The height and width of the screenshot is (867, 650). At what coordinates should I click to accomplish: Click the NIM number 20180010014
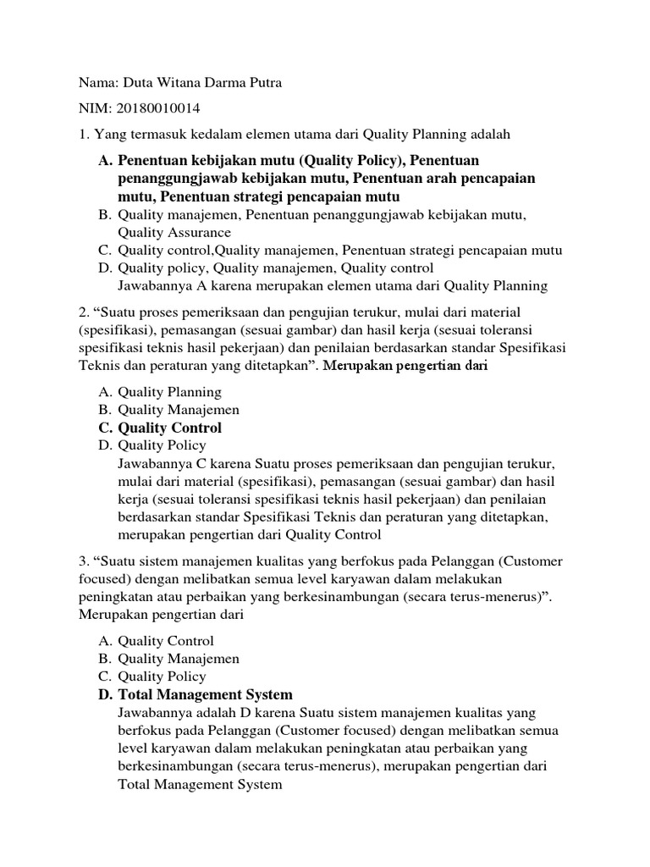pyautogui.click(x=159, y=108)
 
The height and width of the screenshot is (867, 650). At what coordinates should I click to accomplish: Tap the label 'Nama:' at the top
pyautogui.click(x=98, y=83)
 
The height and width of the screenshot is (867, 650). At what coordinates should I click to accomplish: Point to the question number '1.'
pyautogui.click(x=84, y=134)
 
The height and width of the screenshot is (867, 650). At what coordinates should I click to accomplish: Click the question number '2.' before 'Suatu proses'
pyautogui.click(x=84, y=313)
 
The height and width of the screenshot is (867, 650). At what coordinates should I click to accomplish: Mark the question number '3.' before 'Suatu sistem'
pyautogui.click(x=84, y=562)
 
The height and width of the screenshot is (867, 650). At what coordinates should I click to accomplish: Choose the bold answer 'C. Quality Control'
pyautogui.click(x=160, y=428)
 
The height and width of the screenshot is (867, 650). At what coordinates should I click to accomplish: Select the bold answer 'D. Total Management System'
pyautogui.click(x=196, y=695)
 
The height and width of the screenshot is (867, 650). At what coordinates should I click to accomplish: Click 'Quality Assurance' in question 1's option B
pyautogui.click(x=174, y=232)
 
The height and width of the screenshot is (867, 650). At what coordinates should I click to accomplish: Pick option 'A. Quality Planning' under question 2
pyautogui.click(x=160, y=392)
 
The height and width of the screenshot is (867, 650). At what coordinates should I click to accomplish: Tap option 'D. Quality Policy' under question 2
pyautogui.click(x=152, y=445)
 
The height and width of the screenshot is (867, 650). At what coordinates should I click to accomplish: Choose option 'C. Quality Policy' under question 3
pyautogui.click(x=152, y=676)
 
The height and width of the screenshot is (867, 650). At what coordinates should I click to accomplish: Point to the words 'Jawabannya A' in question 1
pyautogui.click(x=157, y=285)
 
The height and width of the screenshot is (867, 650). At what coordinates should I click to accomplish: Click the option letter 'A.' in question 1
pyautogui.click(x=105, y=161)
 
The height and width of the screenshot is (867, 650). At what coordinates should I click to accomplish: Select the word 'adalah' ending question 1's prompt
pyautogui.click(x=490, y=134)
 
